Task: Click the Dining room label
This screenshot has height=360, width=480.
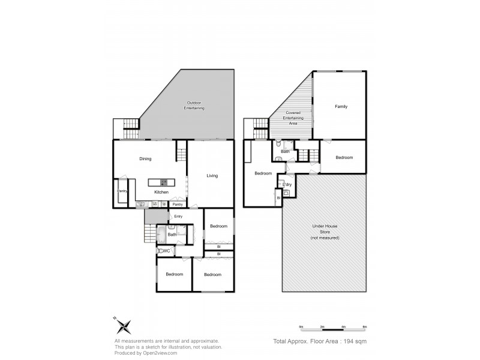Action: [x=145, y=159]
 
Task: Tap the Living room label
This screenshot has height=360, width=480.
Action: [x=212, y=176]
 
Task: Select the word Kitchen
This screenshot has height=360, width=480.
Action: [x=161, y=192]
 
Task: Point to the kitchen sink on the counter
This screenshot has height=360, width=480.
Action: [x=142, y=204]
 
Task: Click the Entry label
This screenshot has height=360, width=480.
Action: [x=178, y=216]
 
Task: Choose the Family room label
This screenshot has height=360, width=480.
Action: [x=341, y=106]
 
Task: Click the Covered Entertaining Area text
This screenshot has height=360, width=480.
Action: [x=293, y=118]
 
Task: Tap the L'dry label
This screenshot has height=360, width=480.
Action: [x=287, y=184]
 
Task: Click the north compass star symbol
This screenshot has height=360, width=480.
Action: [x=124, y=326]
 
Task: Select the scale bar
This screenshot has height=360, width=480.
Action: [x=333, y=328]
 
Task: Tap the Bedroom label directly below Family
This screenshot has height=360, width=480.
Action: [x=344, y=158]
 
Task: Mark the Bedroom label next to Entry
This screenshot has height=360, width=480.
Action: [x=218, y=226]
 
